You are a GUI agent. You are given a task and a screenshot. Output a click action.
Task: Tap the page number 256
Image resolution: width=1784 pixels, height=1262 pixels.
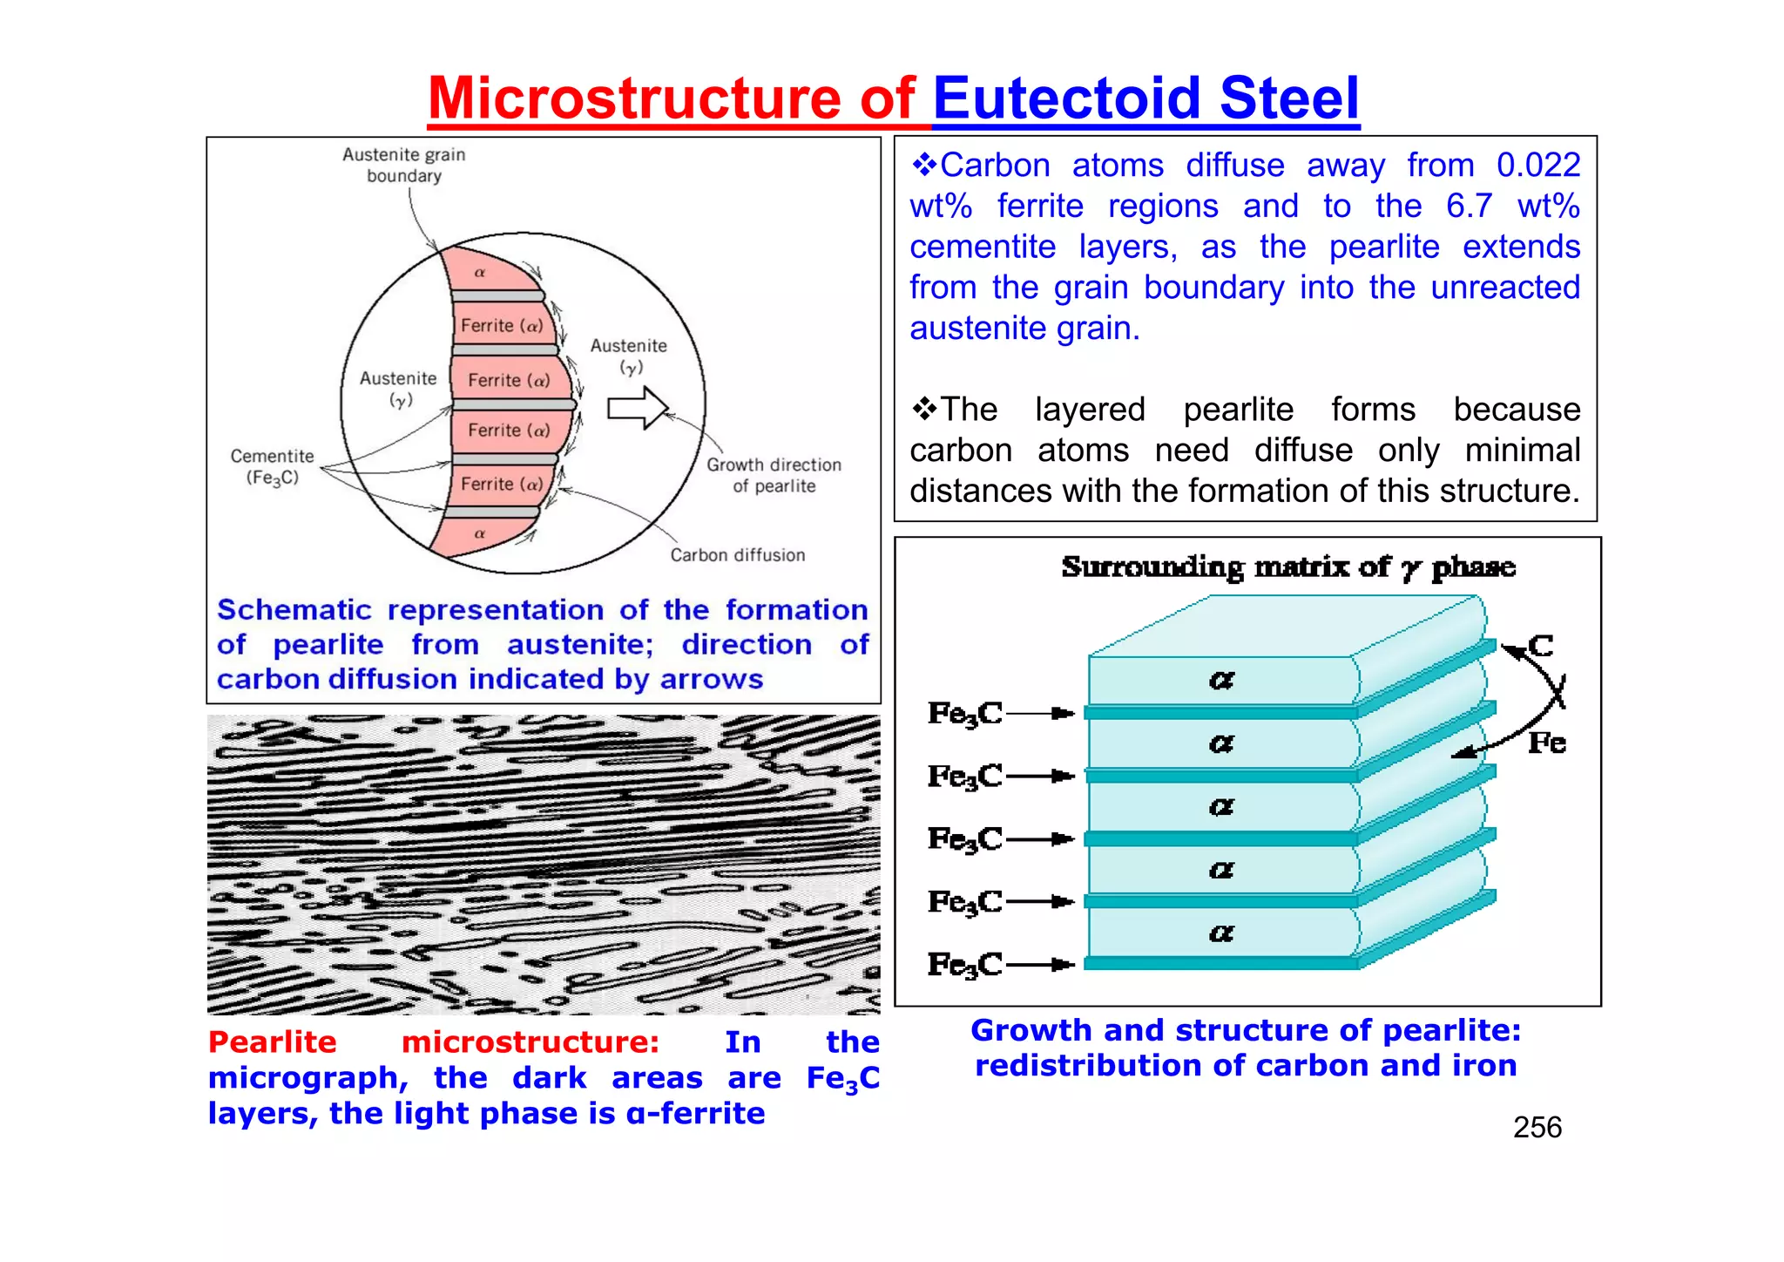tap(1537, 1127)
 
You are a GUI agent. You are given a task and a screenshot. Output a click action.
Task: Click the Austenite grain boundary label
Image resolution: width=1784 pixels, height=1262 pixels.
tap(404, 165)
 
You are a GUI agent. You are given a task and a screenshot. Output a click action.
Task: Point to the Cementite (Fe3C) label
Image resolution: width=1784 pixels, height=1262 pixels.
tap(272, 466)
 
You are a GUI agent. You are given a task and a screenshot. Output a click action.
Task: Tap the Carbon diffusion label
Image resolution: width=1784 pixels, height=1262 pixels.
tap(737, 555)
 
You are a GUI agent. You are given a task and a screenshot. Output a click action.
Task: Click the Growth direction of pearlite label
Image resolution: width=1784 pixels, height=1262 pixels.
tap(774, 475)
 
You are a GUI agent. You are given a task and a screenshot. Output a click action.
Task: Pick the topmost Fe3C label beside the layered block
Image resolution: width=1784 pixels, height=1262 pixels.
tap(965, 714)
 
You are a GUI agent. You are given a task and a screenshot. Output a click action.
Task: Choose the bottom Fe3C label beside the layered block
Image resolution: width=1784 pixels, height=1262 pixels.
tap(965, 965)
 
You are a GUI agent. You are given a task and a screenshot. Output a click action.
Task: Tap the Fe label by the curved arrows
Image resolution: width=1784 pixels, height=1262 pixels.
tap(1547, 743)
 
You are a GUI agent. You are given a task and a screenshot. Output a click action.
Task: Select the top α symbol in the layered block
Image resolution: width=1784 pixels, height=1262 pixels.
tap(1221, 680)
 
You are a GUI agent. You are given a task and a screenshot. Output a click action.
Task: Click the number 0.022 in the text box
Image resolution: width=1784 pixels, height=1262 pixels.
tap(1537, 166)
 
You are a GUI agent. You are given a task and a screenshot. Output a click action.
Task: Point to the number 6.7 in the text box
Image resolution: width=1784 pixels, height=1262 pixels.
tap(1469, 207)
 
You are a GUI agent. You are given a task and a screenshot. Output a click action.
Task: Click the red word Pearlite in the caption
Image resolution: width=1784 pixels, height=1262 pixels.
tap(272, 1042)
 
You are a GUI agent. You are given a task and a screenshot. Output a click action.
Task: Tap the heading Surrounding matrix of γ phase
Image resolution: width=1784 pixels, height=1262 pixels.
tap(1287, 567)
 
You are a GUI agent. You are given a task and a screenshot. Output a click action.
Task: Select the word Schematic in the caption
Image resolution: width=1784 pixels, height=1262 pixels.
tap(294, 610)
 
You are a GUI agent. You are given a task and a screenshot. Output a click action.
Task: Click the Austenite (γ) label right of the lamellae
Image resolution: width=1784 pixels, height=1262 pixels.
tap(629, 356)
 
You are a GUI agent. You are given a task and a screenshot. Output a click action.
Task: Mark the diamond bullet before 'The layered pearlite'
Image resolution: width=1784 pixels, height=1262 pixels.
tap(923, 408)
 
